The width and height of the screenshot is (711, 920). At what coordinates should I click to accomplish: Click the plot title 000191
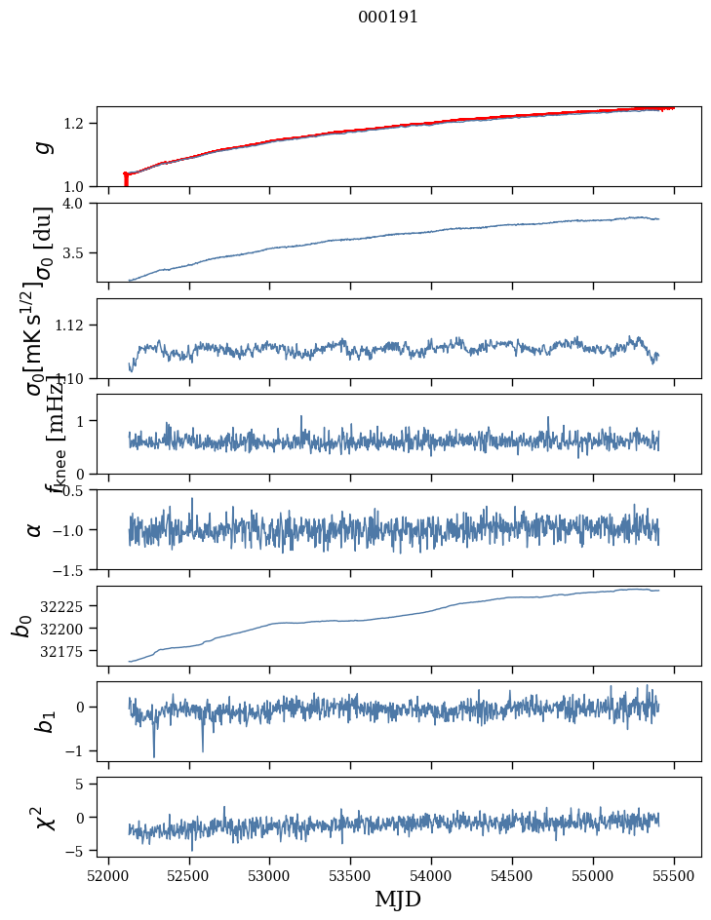tap(388, 18)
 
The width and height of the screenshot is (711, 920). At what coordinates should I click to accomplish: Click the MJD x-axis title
tap(398, 899)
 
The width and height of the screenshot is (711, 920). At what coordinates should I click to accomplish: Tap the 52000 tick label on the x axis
tap(108, 875)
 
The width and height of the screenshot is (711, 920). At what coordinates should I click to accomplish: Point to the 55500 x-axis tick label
tap(674, 875)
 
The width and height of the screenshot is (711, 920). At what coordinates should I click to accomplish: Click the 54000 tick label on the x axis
tap(432, 875)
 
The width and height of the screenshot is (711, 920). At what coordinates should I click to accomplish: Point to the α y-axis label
tap(35, 529)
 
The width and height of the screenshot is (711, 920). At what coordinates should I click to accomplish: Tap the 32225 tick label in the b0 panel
tap(62, 606)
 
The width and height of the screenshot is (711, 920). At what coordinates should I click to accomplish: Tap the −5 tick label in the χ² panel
tap(76, 851)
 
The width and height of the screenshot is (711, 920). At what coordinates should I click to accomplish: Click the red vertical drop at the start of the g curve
tap(126, 180)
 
